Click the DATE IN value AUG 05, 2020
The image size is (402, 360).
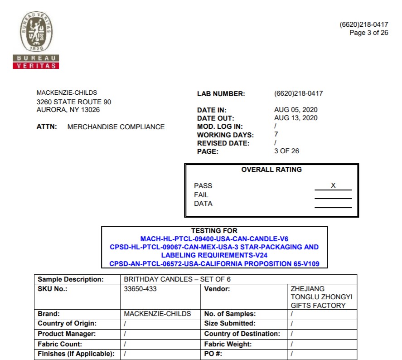(295, 110)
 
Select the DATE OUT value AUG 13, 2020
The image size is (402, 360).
(295, 118)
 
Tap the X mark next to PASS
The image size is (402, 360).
(333, 185)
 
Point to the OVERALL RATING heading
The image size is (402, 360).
(271, 170)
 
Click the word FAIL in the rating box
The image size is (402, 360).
(201, 195)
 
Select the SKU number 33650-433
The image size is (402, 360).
(140, 289)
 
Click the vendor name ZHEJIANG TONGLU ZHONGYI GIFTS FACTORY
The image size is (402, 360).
(321, 297)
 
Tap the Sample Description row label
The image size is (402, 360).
(71, 279)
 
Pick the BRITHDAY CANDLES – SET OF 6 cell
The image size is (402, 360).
(177, 279)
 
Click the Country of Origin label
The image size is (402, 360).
(67, 324)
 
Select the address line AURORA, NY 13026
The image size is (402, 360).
(68, 110)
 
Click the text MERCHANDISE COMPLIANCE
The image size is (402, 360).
(116, 127)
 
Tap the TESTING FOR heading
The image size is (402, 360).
(214, 231)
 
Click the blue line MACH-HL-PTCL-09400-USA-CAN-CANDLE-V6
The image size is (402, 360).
(214, 239)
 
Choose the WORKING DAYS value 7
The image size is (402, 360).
(276, 134)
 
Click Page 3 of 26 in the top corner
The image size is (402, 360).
(368, 33)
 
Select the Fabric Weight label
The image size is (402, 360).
(228, 344)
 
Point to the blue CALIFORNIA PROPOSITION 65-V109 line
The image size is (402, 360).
(214, 263)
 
